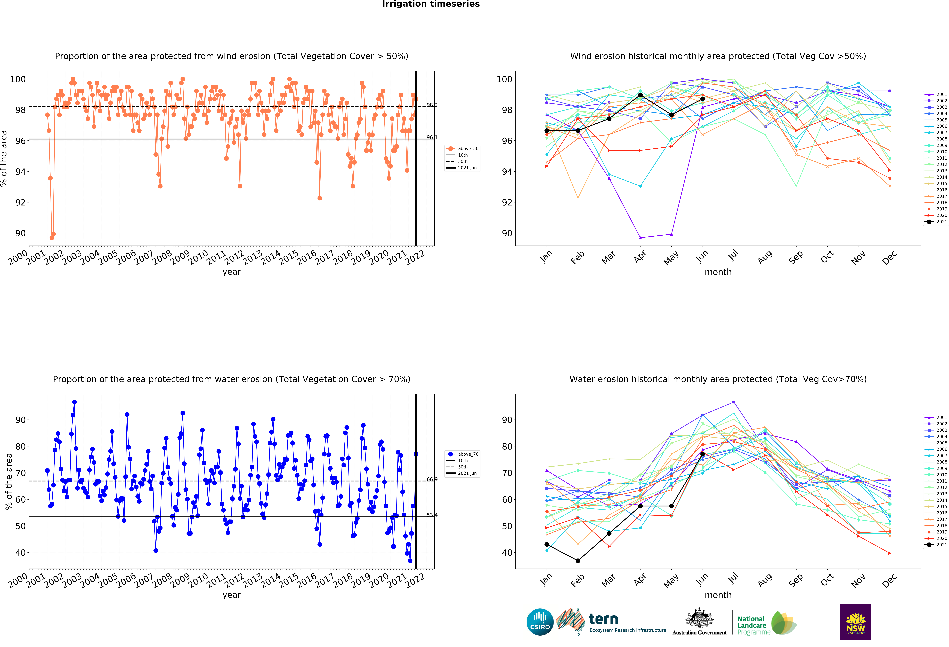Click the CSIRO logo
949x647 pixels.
[540, 622]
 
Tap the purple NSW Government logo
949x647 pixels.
[855, 622]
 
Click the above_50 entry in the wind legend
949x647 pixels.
[463, 149]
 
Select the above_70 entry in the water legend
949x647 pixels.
[463, 454]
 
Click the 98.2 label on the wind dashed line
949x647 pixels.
[432, 105]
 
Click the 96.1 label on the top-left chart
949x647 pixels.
[432, 137]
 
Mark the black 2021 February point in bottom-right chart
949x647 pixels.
[578, 561]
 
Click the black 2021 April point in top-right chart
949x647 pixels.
[640, 95]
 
